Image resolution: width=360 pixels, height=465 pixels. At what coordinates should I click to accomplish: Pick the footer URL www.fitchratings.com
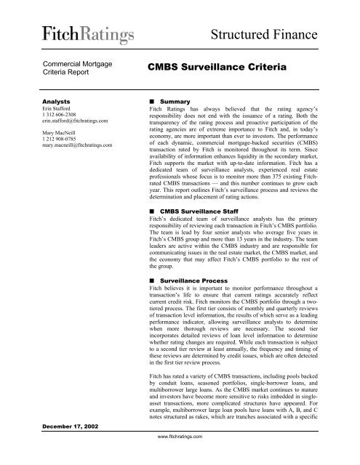[x=180, y=458]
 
